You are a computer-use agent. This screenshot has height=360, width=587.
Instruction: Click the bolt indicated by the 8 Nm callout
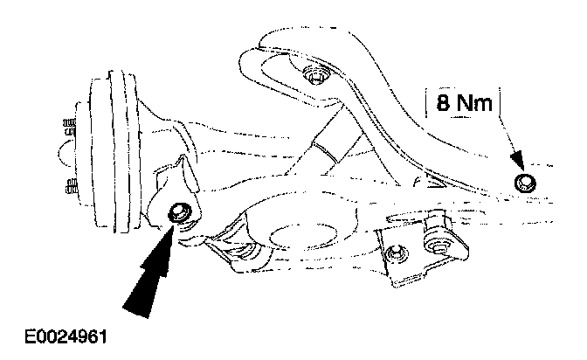coord(525,182)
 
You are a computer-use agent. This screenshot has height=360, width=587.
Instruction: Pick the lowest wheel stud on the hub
coord(68,185)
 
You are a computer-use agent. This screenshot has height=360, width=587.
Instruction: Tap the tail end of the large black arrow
coord(131,306)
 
